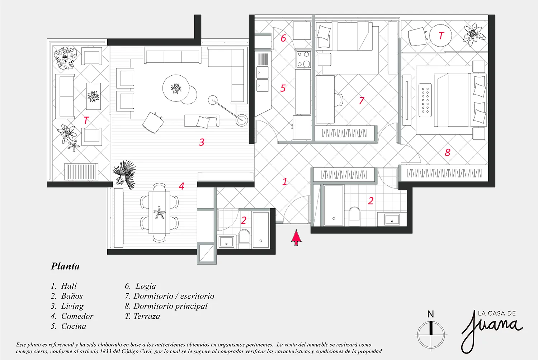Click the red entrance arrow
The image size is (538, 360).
(296, 237)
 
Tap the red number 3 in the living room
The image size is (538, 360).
(202, 142)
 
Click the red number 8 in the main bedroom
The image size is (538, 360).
(448, 152)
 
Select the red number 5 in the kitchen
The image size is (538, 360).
(283, 88)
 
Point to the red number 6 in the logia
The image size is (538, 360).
(284, 38)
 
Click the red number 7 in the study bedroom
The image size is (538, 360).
(362, 100)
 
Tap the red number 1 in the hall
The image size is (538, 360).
(285, 182)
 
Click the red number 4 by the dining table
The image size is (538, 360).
(181, 186)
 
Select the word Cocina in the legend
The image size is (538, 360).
(74, 326)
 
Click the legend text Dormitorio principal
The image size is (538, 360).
(170, 306)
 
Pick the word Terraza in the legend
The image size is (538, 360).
(147, 316)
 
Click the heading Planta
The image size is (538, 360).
(65, 266)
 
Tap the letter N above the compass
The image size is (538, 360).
(431, 314)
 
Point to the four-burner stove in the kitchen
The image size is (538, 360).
(303, 59)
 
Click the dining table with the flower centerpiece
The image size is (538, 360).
(159, 213)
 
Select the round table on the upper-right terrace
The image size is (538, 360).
(440, 35)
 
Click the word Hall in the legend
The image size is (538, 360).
(69, 286)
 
